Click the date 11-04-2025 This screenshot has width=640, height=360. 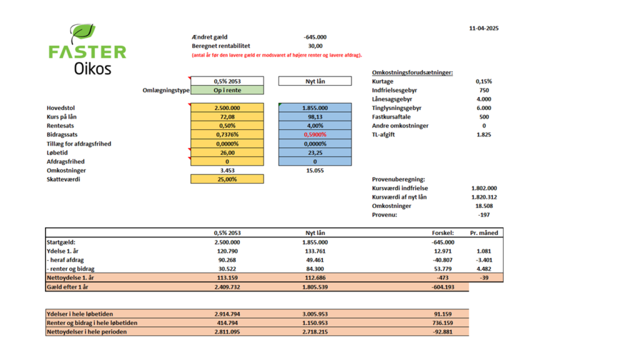484,28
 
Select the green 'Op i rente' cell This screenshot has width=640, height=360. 227,90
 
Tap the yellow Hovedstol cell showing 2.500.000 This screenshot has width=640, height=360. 227,107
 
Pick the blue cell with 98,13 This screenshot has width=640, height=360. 315,117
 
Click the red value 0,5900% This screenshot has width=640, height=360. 315,135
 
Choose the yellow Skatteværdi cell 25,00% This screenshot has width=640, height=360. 227,179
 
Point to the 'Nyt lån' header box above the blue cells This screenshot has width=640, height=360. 315,81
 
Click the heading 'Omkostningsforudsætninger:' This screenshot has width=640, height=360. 412,72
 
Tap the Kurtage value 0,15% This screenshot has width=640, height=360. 484,81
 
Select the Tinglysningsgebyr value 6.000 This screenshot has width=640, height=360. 484,107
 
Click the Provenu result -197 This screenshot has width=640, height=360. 484,215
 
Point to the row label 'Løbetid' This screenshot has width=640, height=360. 57,152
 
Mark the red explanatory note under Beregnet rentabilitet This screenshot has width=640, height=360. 277,55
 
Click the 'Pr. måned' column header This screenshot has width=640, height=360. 484,233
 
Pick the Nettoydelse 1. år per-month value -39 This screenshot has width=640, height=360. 484,277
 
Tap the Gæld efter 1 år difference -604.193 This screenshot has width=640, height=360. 443,287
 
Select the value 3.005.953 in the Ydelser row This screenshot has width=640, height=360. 315,314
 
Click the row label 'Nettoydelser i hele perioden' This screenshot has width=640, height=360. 86,332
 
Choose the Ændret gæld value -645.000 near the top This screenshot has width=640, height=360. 315,37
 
